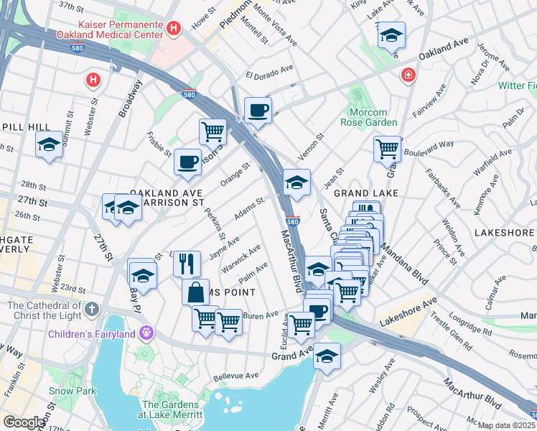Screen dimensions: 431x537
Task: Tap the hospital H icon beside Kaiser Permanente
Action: tap(173, 28)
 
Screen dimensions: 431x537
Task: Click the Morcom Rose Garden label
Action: tap(373, 117)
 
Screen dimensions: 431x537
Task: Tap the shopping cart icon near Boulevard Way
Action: tap(387, 149)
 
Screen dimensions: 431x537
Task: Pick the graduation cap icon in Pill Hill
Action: tap(49, 144)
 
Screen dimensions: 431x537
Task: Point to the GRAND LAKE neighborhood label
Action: tap(365, 193)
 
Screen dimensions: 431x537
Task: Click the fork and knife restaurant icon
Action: tap(187, 263)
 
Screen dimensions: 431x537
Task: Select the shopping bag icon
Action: tap(195, 292)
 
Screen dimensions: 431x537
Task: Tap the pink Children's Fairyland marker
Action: tap(147, 333)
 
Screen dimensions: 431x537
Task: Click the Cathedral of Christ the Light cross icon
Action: tap(90, 310)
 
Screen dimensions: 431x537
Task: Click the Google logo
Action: tap(24, 422)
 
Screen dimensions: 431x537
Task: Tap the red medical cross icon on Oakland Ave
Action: tap(408, 74)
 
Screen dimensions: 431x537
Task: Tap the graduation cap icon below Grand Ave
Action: tap(327, 356)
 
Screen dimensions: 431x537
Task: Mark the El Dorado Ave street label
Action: tap(270, 72)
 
